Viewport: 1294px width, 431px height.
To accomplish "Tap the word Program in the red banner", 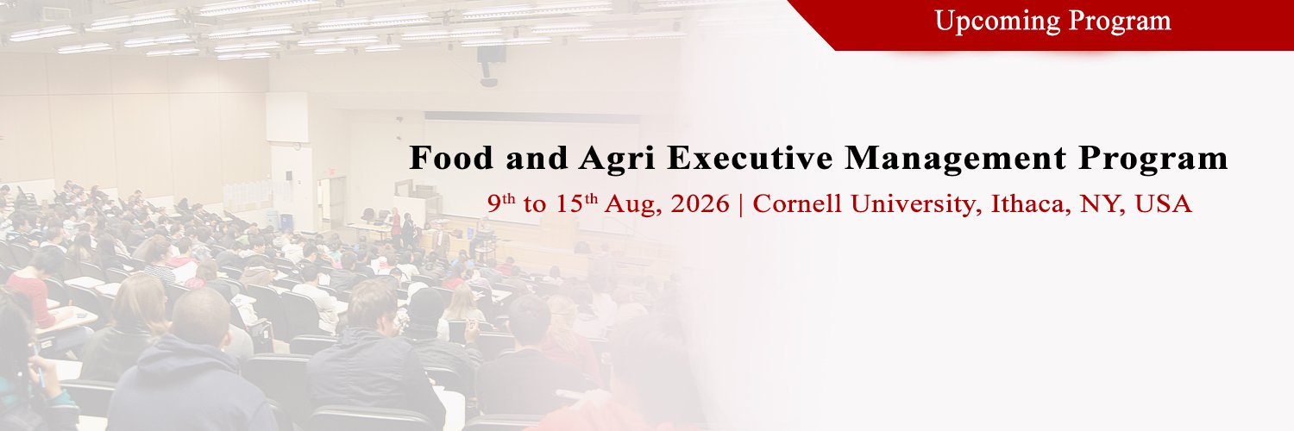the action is (1120, 22).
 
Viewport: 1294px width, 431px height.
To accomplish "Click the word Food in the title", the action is (452, 158).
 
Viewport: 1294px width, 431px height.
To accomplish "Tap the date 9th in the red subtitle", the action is (501, 203).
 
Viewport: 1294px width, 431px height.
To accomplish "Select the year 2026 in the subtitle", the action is (700, 203).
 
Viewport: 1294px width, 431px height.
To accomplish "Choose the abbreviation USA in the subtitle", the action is (1163, 203).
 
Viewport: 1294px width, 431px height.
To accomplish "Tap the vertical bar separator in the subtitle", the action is (741, 204).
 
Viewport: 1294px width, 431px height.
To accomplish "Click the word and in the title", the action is (537, 158).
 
